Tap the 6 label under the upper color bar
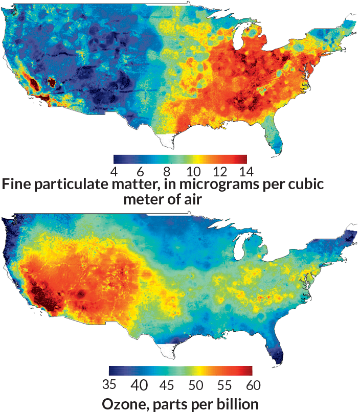click(x=141, y=170)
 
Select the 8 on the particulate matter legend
click(x=167, y=170)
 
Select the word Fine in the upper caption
click(x=18, y=185)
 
